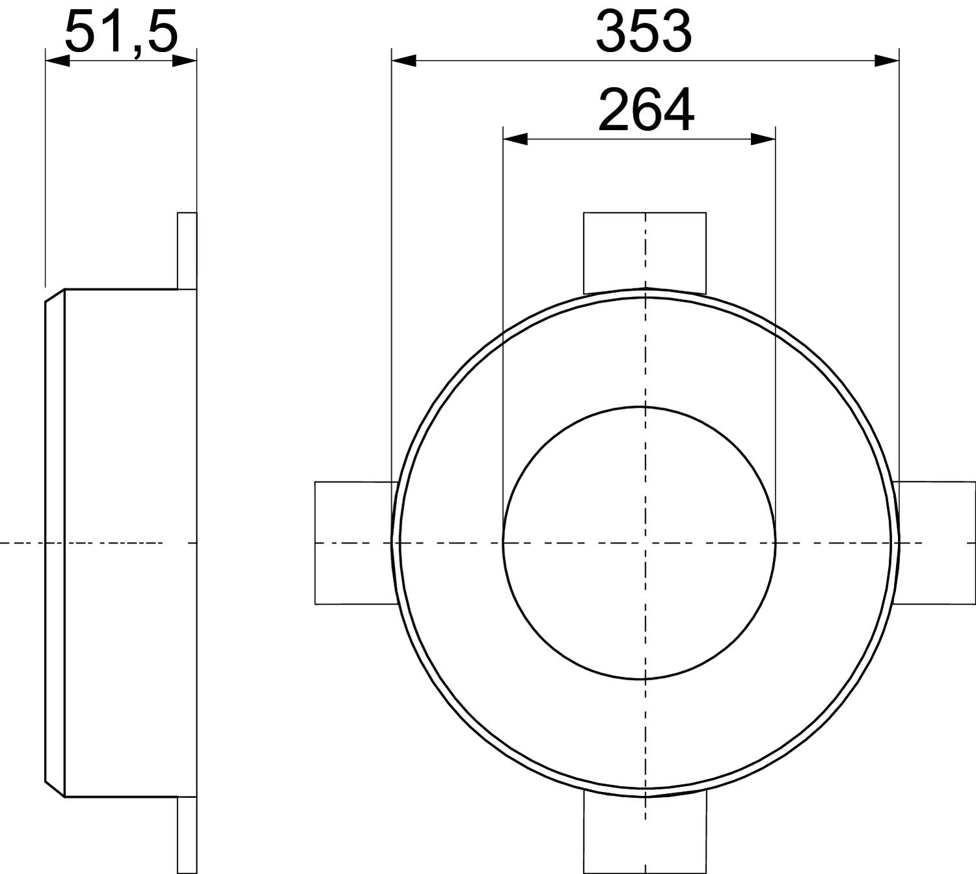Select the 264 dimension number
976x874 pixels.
click(x=646, y=111)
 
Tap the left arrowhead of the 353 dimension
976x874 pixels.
click(x=403, y=61)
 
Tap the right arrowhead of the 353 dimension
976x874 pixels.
click(x=886, y=61)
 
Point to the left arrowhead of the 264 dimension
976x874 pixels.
click(x=515, y=139)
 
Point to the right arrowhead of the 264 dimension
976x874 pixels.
click(x=763, y=139)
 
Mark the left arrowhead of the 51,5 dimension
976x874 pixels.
click(x=57, y=61)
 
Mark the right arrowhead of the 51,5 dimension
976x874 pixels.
click(x=185, y=61)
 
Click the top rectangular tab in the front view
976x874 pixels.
click(x=645, y=253)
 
